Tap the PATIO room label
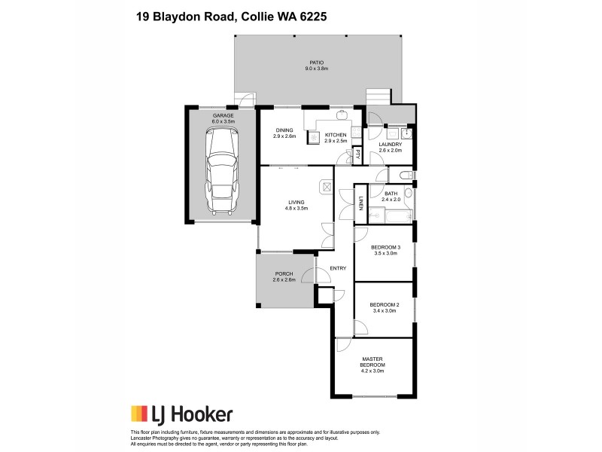pyautogui.click(x=317, y=63)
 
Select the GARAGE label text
pyautogui.click(x=223, y=115)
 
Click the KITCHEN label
pyautogui.click(x=335, y=135)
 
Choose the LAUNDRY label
pyautogui.click(x=390, y=144)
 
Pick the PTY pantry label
pyautogui.click(x=358, y=155)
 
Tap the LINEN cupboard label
pyautogui.click(x=362, y=203)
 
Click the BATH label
pyautogui.click(x=391, y=194)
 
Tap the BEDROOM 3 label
pyautogui.click(x=385, y=248)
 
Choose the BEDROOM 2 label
pyautogui.click(x=384, y=304)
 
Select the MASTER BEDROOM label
pyautogui.click(x=373, y=362)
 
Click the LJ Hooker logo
pyautogui.click(x=181, y=414)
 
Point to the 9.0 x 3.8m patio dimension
pyautogui.click(x=317, y=69)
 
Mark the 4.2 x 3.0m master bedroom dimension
pyautogui.click(x=373, y=371)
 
